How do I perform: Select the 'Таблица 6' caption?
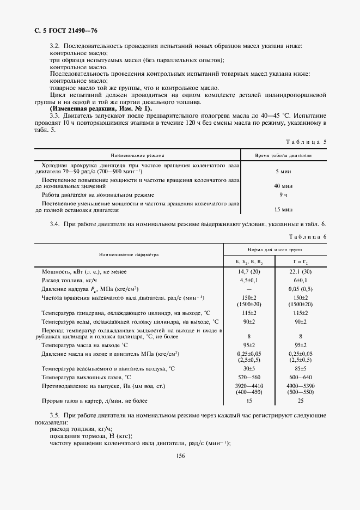(308, 236)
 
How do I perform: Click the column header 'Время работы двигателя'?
(283, 155)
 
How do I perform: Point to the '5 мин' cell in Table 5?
(283, 171)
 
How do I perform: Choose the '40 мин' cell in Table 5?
(283, 186)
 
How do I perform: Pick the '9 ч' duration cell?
(283, 194)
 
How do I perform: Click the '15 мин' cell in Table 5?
(283, 209)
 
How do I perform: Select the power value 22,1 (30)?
(301, 271)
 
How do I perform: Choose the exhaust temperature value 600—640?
(301, 378)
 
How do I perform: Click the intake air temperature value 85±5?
(301, 369)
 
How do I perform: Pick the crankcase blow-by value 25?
(301, 401)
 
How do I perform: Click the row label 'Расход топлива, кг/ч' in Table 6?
(66, 280)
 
